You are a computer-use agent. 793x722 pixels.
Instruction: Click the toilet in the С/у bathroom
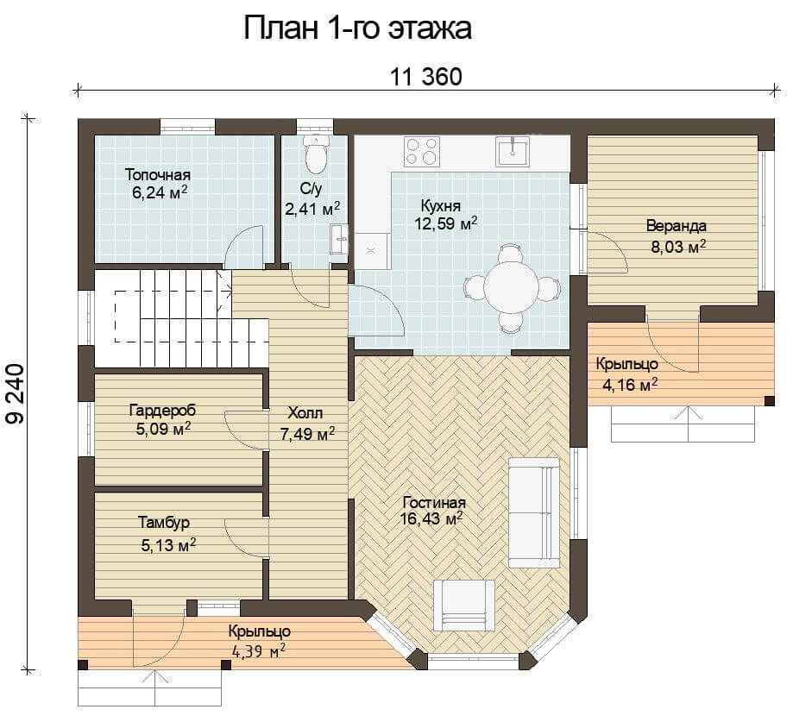coord(316,154)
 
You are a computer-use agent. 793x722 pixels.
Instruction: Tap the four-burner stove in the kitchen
coord(421,151)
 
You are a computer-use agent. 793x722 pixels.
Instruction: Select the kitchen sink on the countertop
coord(513,151)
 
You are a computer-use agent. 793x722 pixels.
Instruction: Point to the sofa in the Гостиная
coord(534,512)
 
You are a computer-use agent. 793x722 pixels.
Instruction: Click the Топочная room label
coord(158,175)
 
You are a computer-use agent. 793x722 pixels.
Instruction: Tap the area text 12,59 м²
coord(445,223)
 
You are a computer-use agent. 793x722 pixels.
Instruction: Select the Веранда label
coord(677,226)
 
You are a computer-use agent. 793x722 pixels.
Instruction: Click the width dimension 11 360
coord(425,77)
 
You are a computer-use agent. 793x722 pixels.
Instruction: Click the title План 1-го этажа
coord(357,28)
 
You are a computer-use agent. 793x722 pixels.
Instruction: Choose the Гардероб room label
coord(162,410)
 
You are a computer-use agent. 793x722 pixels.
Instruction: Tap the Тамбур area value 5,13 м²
coord(168,545)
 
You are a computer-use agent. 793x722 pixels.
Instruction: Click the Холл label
coord(305,413)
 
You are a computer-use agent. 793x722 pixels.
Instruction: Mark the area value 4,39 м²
coord(258,650)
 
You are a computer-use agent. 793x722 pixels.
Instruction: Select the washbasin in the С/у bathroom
coord(339,238)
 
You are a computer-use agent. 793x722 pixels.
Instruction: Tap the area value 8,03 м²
coord(679,248)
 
